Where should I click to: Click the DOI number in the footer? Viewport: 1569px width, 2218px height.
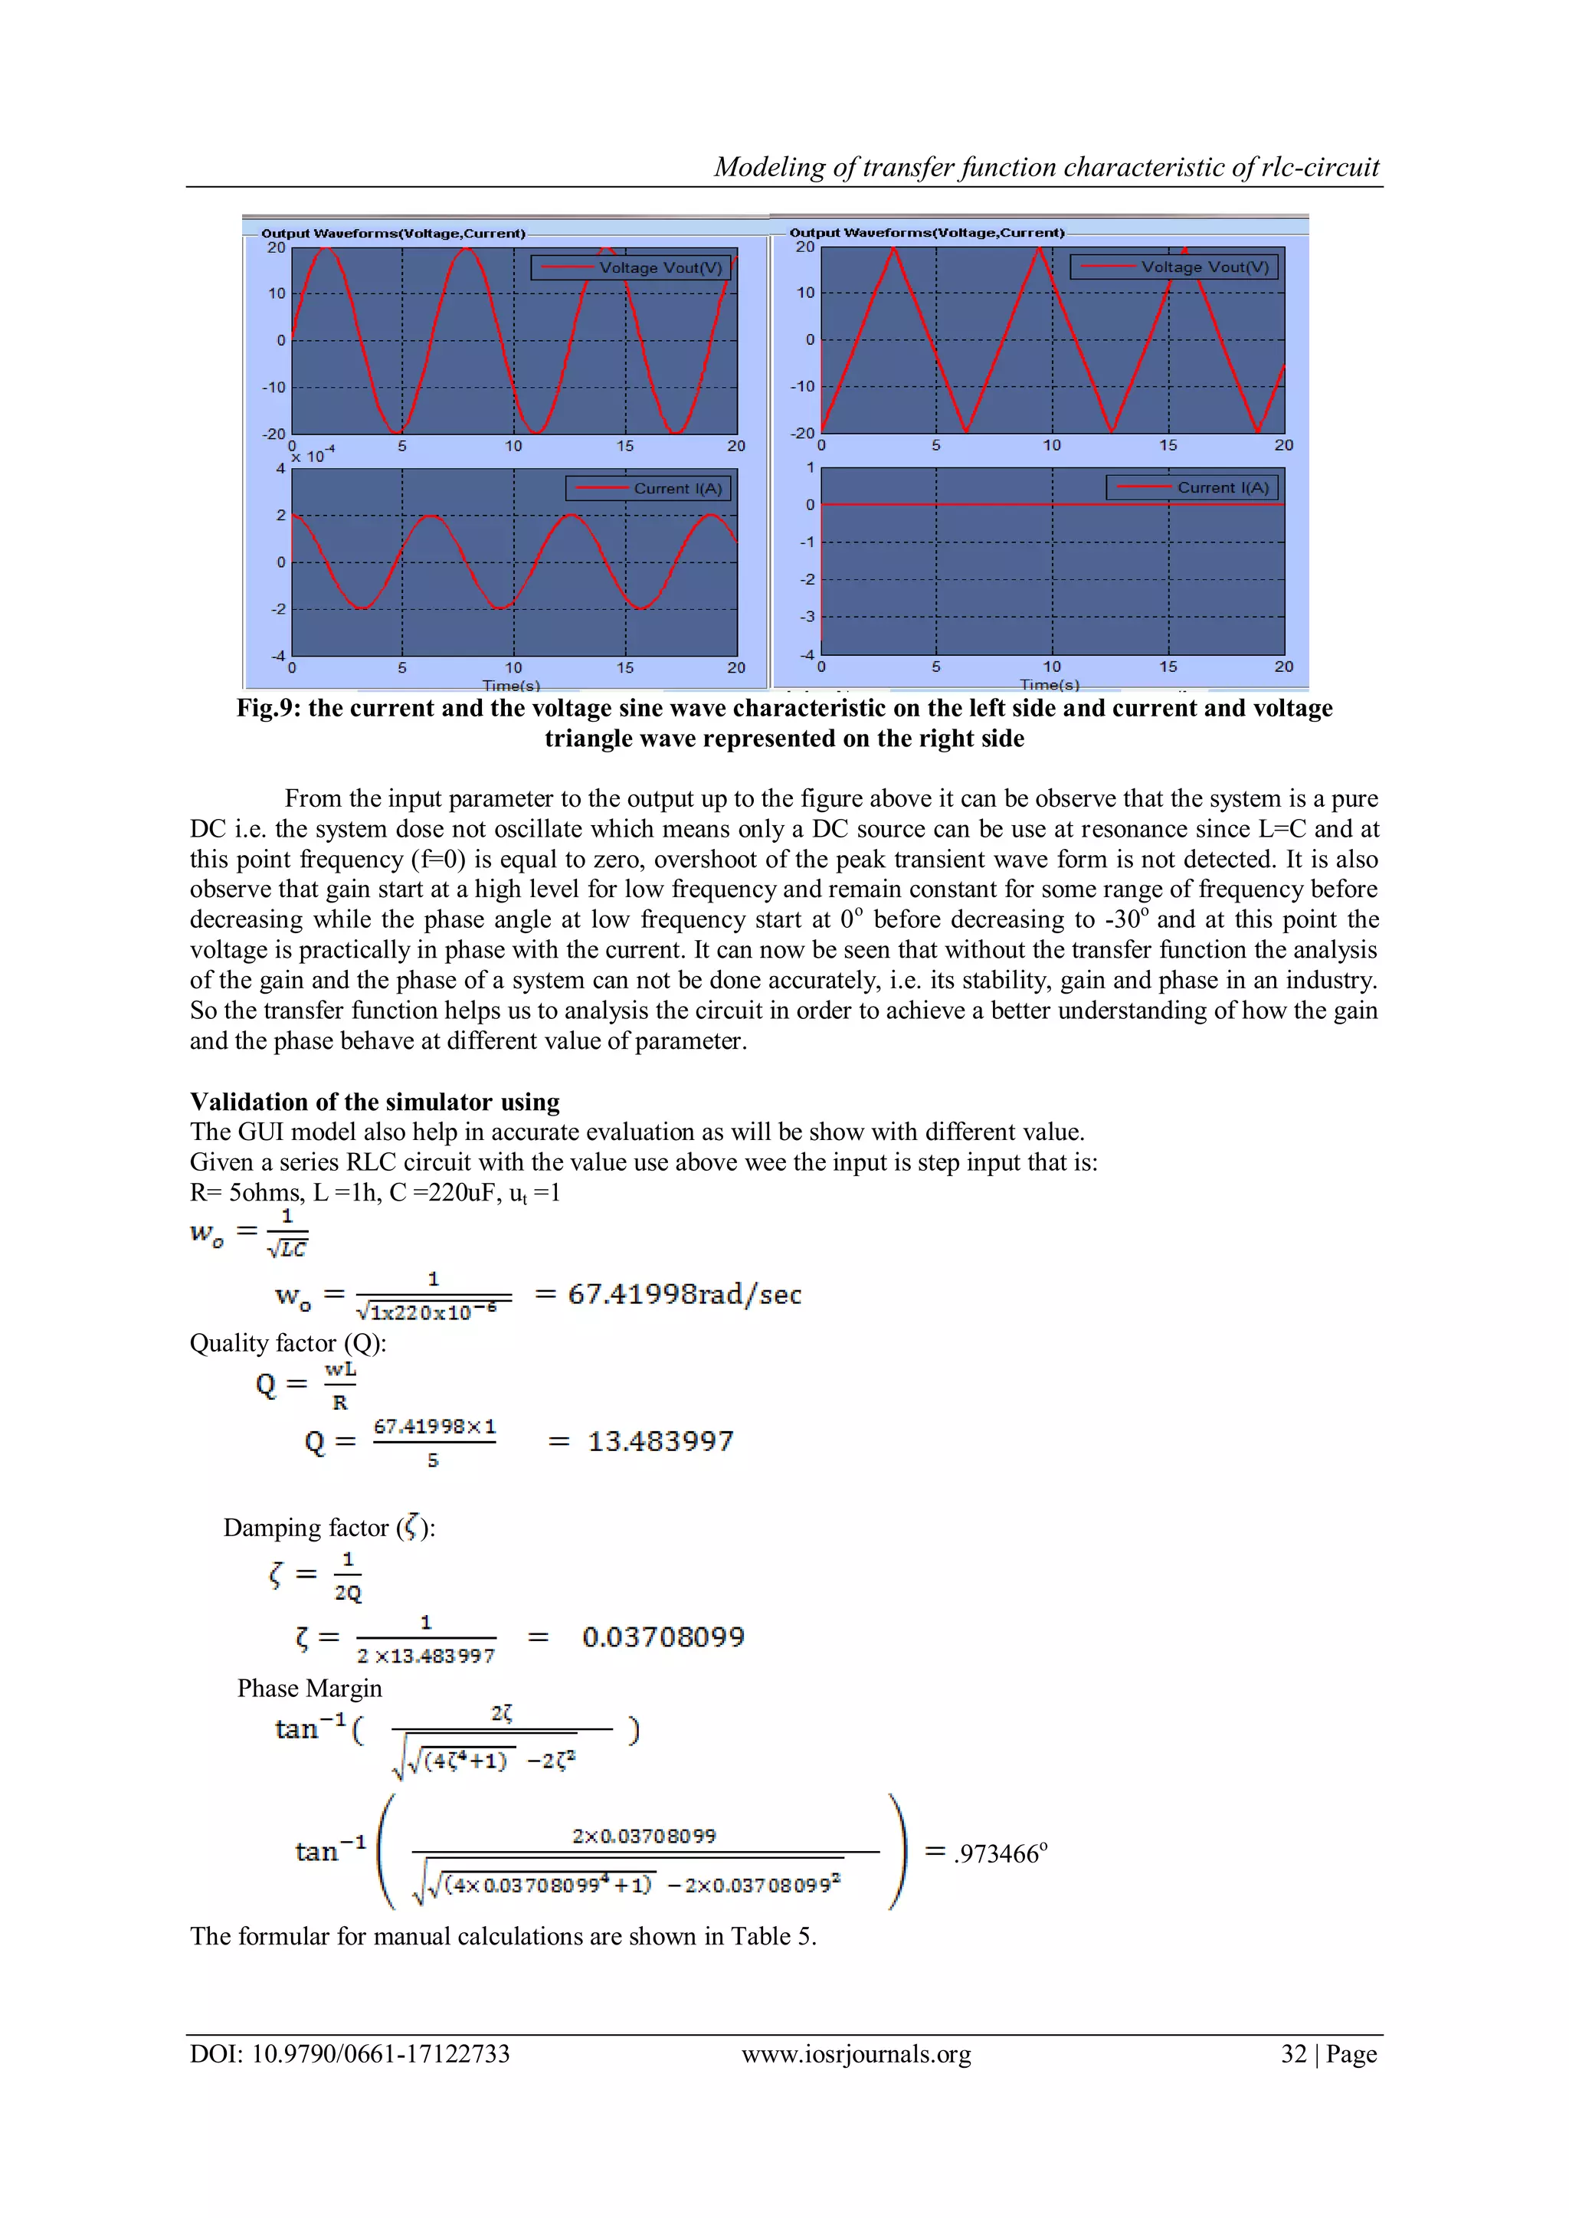(350, 2054)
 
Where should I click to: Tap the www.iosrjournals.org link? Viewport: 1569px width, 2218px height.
(856, 2054)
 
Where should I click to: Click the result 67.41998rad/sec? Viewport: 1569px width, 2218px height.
(684, 1295)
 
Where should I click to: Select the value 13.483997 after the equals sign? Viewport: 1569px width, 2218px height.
(661, 1441)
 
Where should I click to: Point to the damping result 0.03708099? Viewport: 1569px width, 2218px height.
(663, 1636)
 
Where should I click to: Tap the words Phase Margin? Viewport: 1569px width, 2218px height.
(310, 1688)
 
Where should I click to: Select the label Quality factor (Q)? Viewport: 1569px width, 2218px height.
(288, 1343)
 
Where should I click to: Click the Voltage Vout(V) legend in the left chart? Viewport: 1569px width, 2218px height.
(631, 267)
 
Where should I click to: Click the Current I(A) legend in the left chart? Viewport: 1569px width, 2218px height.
(648, 489)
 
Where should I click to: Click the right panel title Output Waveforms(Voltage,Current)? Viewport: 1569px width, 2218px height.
(926, 233)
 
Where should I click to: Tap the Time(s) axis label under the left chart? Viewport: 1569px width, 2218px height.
(511, 685)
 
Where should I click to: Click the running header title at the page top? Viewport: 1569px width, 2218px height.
(1047, 167)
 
